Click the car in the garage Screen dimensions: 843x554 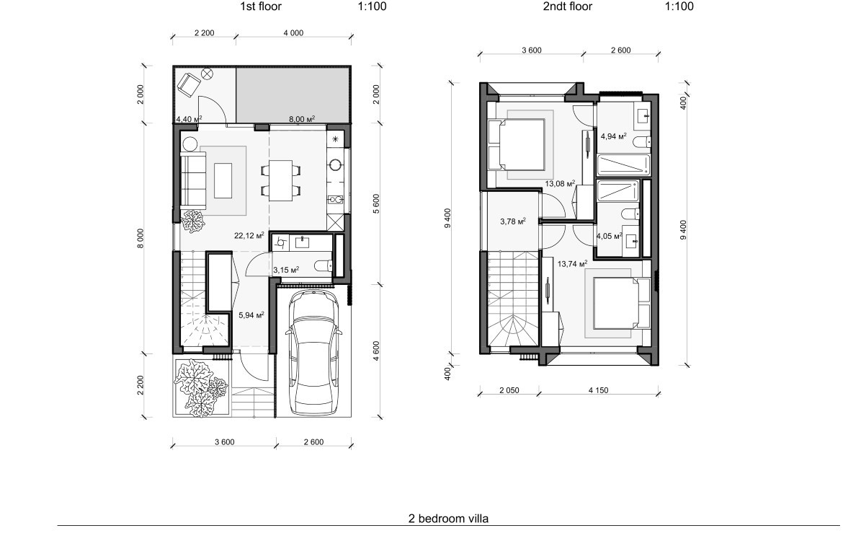pos(314,353)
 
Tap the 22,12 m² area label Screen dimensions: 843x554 pos(249,235)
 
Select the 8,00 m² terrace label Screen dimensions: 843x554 pos(302,119)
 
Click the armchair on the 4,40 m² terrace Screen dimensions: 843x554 pos(189,84)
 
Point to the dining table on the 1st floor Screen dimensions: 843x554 pos(281,180)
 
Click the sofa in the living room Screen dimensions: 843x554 pos(193,181)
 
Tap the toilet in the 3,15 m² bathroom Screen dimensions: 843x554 pos(324,265)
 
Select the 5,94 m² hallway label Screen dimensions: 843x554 pos(251,315)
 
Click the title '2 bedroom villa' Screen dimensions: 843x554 pos(448,519)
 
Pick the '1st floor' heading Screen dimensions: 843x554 pos(260,6)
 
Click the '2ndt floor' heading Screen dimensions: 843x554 pos(567,6)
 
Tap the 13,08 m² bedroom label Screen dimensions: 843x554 pos(560,184)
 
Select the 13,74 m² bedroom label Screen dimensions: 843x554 pos(572,264)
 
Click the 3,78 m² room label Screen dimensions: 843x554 pos(512,221)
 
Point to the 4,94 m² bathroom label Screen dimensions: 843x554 pos(613,136)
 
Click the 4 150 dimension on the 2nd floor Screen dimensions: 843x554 pos(598,390)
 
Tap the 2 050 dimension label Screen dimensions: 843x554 pos(509,390)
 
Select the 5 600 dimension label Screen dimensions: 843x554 pos(376,203)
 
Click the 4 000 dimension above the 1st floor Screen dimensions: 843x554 pos(293,33)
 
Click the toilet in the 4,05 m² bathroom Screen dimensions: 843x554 pos(630,214)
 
